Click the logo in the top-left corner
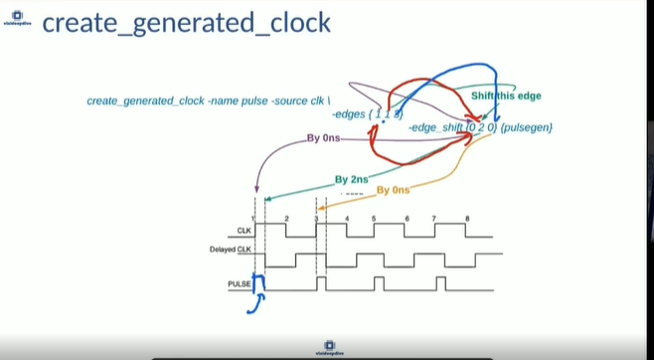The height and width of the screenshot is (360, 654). pyautogui.click(x=18, y=20)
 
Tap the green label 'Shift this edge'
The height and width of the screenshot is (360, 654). pyautogui.click(x=506, y=96)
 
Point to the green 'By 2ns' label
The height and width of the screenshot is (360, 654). pyautogui.click(x=351, y=180)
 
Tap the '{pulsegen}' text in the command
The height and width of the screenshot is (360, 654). pyautogui.click(x=528, y=127)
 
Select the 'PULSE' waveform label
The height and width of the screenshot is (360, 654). pyautogui.click(x=239, y=284)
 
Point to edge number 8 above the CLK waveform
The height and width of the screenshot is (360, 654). pyautogui.click(x=467, y=217)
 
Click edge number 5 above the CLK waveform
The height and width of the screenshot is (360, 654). pyautogui.click(x=374, y=217)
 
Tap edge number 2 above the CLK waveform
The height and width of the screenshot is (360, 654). pyautogui.click(x=286, y=217)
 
